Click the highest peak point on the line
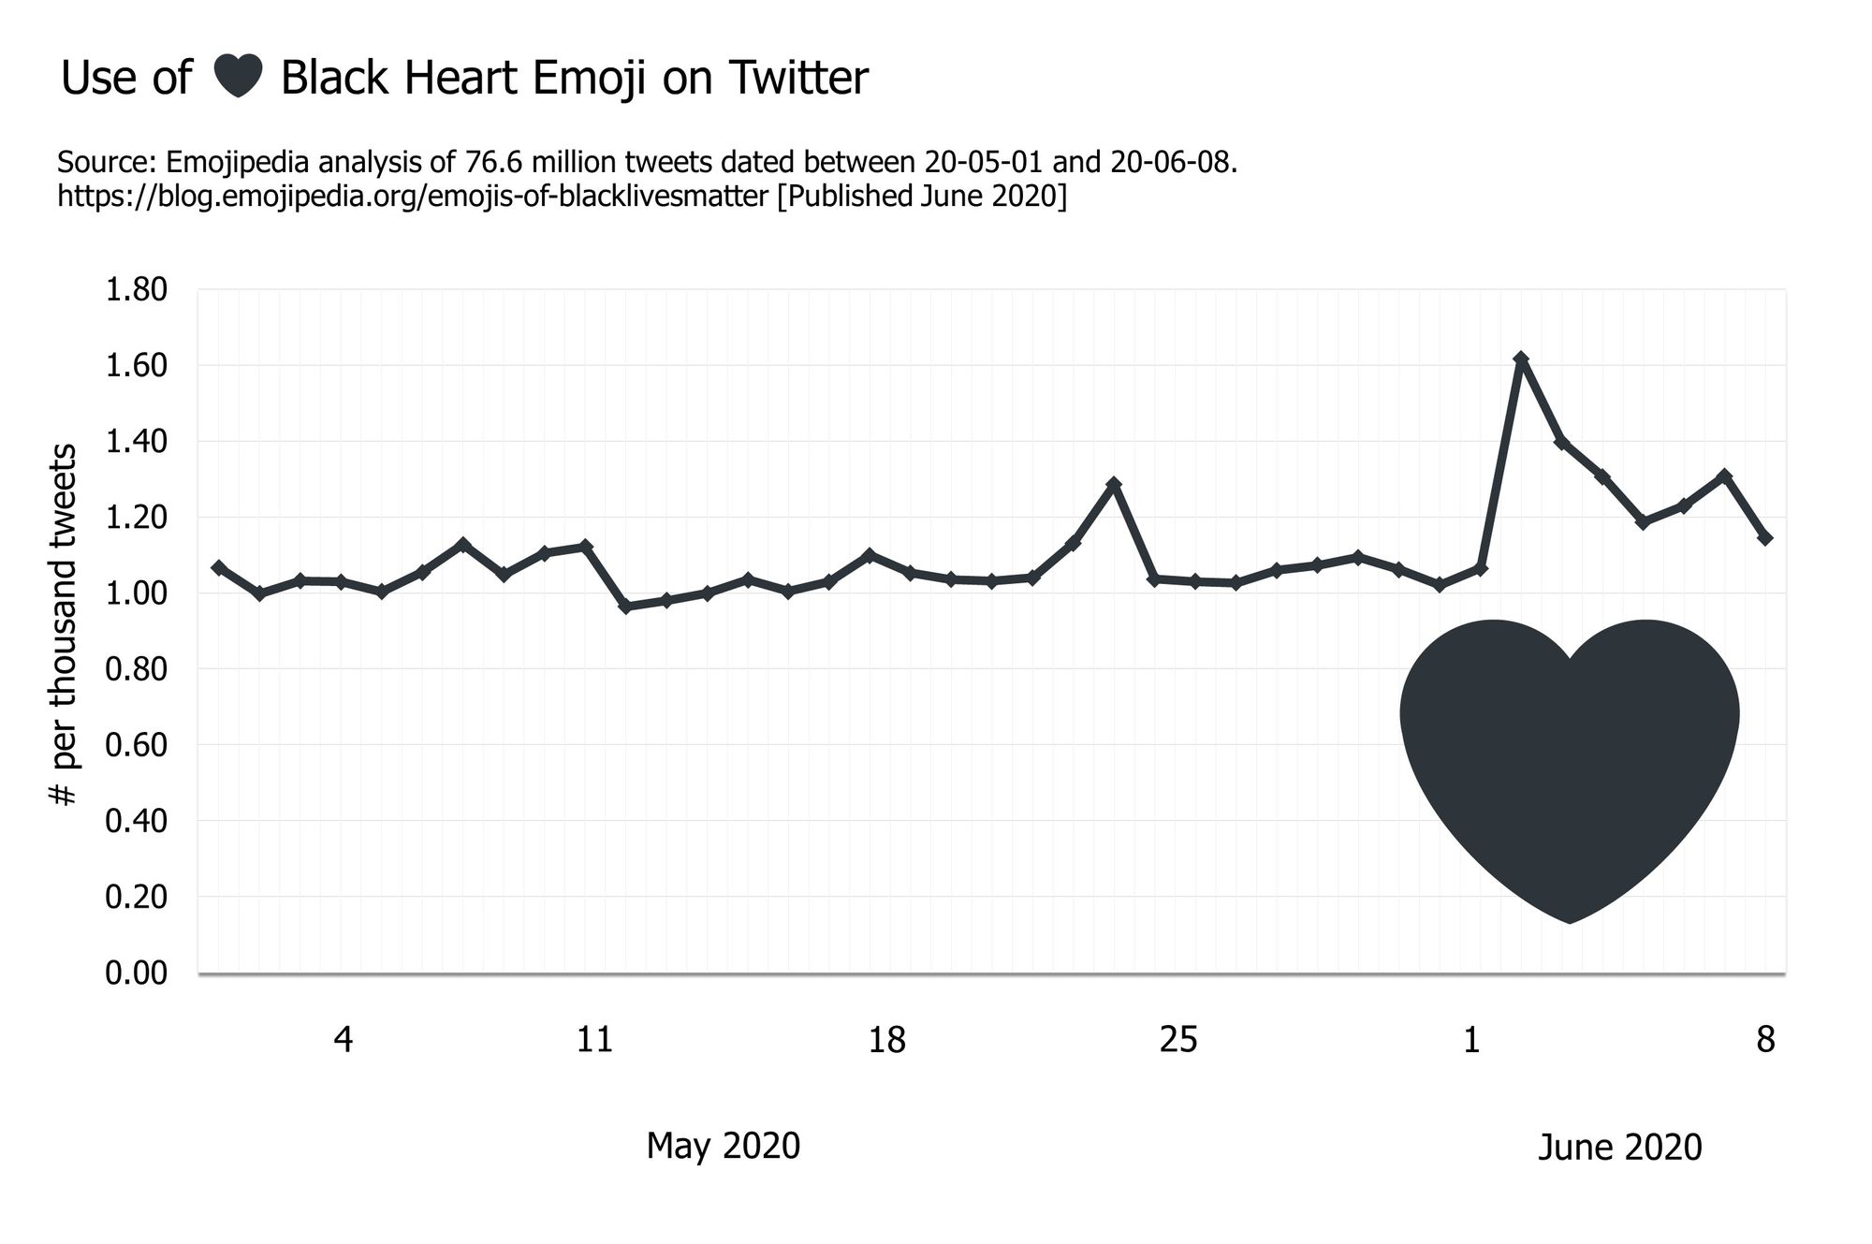(1521, 359)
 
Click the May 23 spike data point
(1114, 484)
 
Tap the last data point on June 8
(1765, 538)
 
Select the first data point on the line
(218, 567)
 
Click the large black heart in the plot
(1570, 758)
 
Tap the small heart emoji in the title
(237, 77)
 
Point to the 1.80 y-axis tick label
(137, 290)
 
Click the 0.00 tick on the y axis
(137, 973)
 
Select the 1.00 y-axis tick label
(137, 593)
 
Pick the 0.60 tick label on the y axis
(137, 745)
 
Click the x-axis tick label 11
(594, 1040)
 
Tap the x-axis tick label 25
(1178, 1040)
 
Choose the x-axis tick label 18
(886, 1040)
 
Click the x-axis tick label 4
(344, 1040)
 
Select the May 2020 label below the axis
(723, 1146)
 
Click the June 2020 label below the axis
(1619, 1148)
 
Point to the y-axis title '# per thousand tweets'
(64, 625)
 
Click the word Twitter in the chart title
(798, 78)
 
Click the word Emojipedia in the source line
(238, 163)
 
